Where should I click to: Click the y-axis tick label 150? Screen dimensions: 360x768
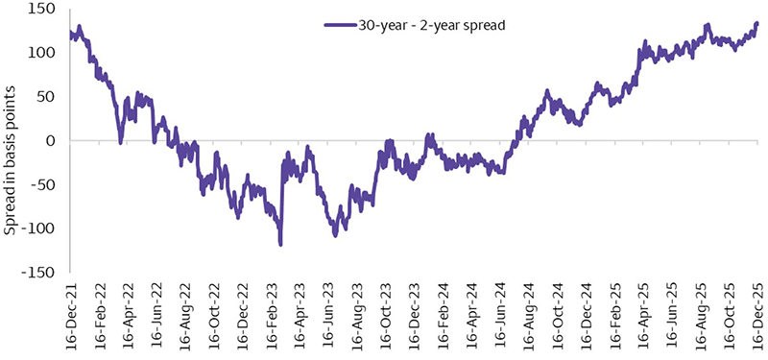point(45,10)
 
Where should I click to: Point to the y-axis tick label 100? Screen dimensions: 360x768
point(45,53)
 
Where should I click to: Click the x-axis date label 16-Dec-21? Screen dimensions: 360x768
point(71,317)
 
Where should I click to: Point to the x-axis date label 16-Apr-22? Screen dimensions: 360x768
point(128,317)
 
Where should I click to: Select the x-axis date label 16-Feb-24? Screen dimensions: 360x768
point(443,317)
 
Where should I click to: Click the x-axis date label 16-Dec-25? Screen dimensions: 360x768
point(757,317)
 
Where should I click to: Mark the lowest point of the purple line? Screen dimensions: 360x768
point(280,245)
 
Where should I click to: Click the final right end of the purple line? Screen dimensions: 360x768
point(756,23)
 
